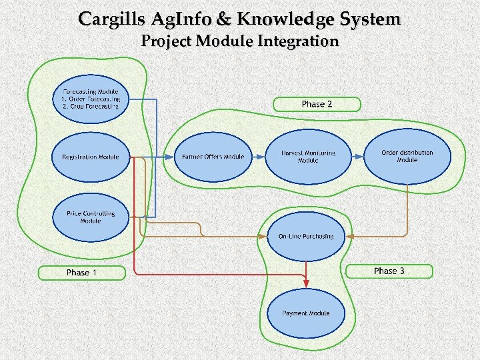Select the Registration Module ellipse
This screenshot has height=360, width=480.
(91, 157)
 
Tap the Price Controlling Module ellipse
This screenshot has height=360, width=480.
(91, 217)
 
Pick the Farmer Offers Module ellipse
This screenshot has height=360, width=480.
(213, 157)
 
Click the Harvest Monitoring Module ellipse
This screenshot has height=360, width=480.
(308, 157)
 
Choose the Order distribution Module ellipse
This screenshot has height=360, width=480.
(407, 157)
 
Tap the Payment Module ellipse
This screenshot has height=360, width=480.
(305, 313)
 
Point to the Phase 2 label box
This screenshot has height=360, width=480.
(317, 104)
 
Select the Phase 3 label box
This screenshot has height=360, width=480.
(390, 271)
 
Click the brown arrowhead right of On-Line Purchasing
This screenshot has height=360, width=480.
(350, 236)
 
